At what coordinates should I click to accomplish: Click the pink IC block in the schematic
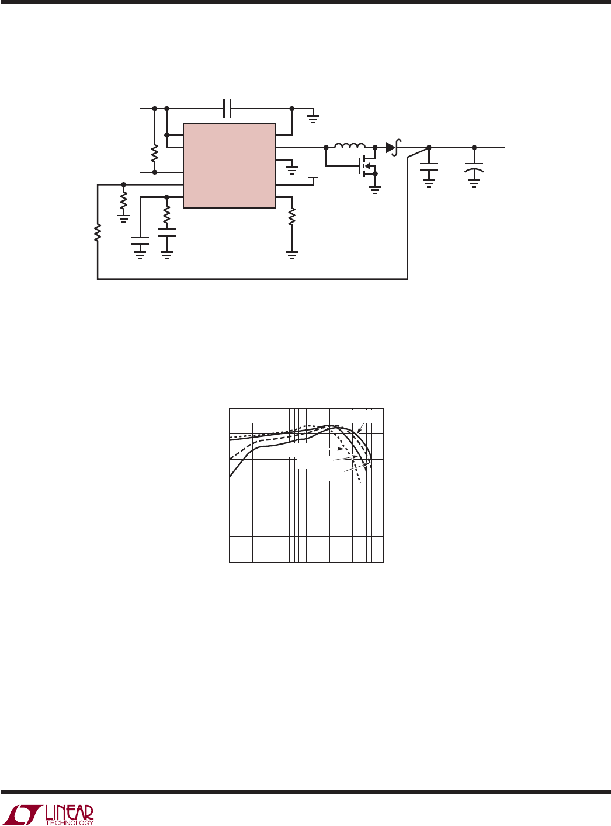229,165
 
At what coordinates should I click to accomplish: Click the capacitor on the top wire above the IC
227,109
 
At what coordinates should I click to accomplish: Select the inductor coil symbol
350,145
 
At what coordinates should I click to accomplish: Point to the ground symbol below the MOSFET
375,190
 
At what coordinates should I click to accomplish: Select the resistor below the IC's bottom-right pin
291,216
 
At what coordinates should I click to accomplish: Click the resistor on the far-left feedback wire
97,232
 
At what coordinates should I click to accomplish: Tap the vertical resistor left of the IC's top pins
155,154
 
